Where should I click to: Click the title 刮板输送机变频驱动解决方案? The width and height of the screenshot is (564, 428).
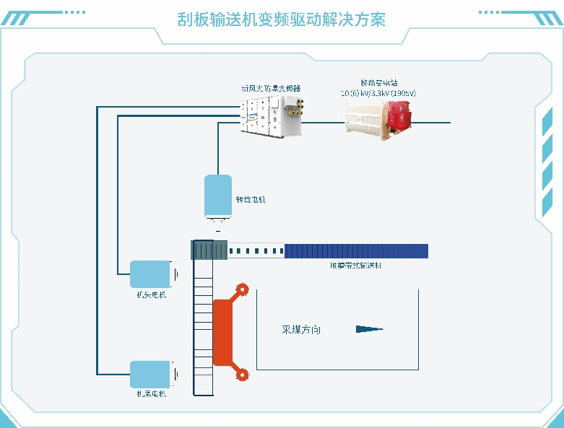(x=282, y=19)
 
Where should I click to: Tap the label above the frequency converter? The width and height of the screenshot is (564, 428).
(x=271, y=88)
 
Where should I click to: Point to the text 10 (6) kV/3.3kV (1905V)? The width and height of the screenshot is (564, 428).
(x=378, y=93)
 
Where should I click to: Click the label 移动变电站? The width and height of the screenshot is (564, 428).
(x=378, y=83)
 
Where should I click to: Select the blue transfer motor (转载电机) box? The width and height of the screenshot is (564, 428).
(x=217, y=195)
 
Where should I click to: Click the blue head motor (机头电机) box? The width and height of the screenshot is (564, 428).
(x=150, y=274)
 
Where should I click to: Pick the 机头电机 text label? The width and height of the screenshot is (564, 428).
(x=151, y=294)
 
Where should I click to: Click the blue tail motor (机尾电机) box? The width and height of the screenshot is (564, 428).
(x=150, y=374)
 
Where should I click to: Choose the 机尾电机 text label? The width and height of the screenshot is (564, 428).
(x=151, y=394)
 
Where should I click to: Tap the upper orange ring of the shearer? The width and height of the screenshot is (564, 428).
(x=244, y=290)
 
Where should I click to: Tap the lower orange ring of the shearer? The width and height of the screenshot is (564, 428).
(x=244, y=374)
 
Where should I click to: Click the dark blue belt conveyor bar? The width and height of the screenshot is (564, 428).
(x=356, y=251)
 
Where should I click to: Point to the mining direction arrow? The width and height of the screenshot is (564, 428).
(x=369, y=329)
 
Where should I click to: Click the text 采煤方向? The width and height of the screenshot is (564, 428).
(x=300, y=330)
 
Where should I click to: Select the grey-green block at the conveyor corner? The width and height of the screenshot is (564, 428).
(x=209, y=250)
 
